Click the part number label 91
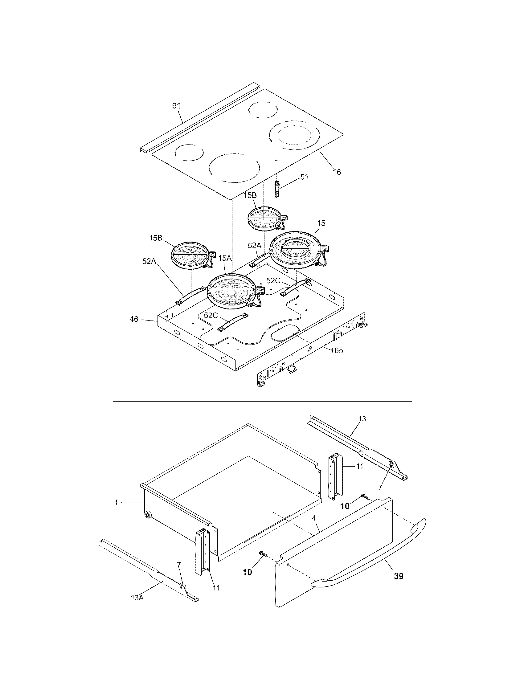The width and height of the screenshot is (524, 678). (176, 106)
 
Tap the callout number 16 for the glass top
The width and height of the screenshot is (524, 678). (337, 172)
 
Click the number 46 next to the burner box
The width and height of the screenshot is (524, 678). (134, 319)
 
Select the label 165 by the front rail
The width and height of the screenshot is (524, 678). (337, 350)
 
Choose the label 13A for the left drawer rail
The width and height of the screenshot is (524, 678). (137, 606)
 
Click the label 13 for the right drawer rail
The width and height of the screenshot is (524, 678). (362, 419)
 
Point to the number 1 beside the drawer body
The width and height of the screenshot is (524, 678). (116, 502)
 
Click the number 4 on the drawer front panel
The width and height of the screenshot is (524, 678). (314, 518)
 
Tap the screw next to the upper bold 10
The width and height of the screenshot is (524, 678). (365, 496)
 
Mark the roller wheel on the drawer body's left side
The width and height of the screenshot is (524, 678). (147, 515)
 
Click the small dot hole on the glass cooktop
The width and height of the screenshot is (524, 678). (276, 161)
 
